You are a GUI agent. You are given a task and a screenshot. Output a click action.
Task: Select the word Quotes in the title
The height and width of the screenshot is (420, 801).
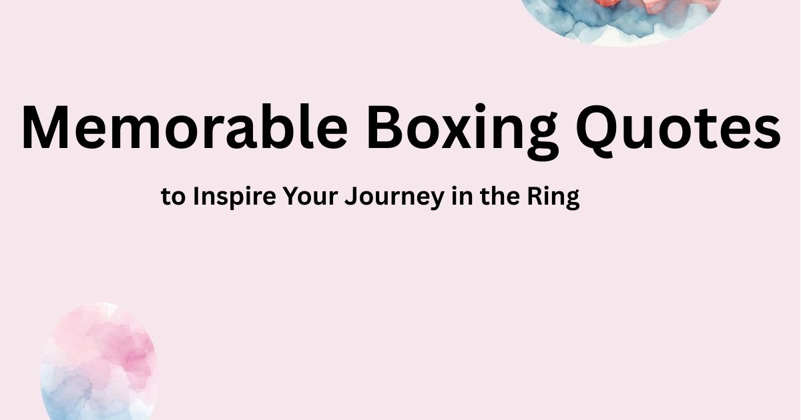pyautogui.click(x=678, y=128)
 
